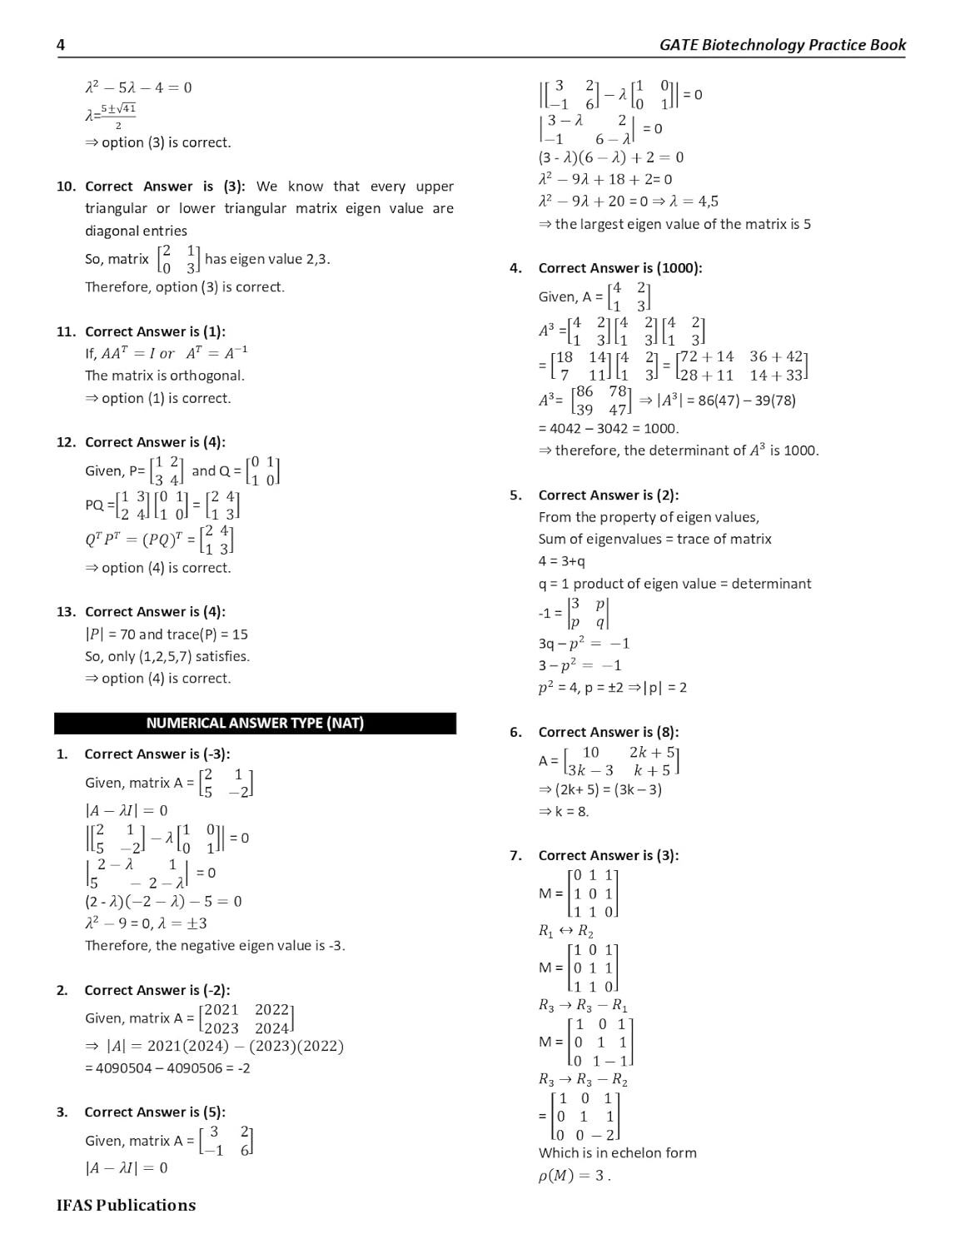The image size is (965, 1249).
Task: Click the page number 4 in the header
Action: coord(60,45)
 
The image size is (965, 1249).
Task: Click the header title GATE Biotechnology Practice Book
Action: coord(782,45)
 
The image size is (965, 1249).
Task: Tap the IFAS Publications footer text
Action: coord(126,1205)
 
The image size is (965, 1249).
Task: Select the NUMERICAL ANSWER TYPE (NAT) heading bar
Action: coord(255,723)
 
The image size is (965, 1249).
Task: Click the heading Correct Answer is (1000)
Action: coord(620,268)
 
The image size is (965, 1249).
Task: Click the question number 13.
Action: coord(66,612)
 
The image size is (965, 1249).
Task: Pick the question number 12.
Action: coord(66,442)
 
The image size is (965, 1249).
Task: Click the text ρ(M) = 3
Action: coord(575,1176)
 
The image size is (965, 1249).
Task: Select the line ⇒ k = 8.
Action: coord(564,811)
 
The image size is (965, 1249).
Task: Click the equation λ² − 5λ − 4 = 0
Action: coord(138,87)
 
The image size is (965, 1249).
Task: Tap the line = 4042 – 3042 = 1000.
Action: coord(609,429)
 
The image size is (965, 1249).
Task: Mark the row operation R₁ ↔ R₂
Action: coord(565,931)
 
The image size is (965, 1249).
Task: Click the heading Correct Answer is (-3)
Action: coord(157,754)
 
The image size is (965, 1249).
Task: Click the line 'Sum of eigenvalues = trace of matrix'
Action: coord(654,540)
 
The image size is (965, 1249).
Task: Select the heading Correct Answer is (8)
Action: coord(609,732)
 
